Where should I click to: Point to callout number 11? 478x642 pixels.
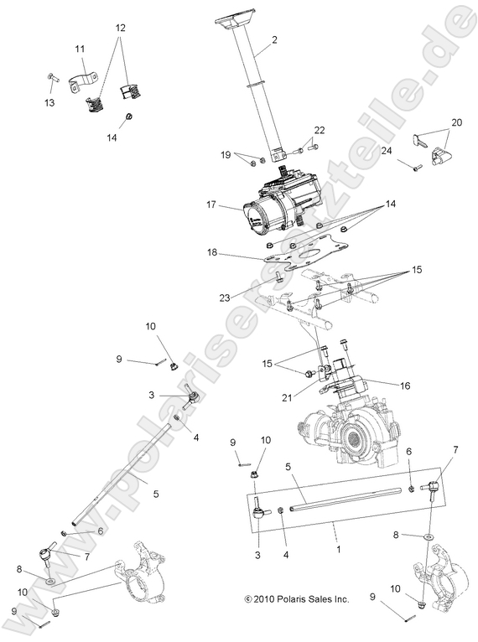[81, 50]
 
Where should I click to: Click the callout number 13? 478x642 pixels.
[49, 102]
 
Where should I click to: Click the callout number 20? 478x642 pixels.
[455, 122]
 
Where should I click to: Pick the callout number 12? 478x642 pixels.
[121, 27]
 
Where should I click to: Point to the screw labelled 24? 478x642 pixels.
[415, 168]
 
